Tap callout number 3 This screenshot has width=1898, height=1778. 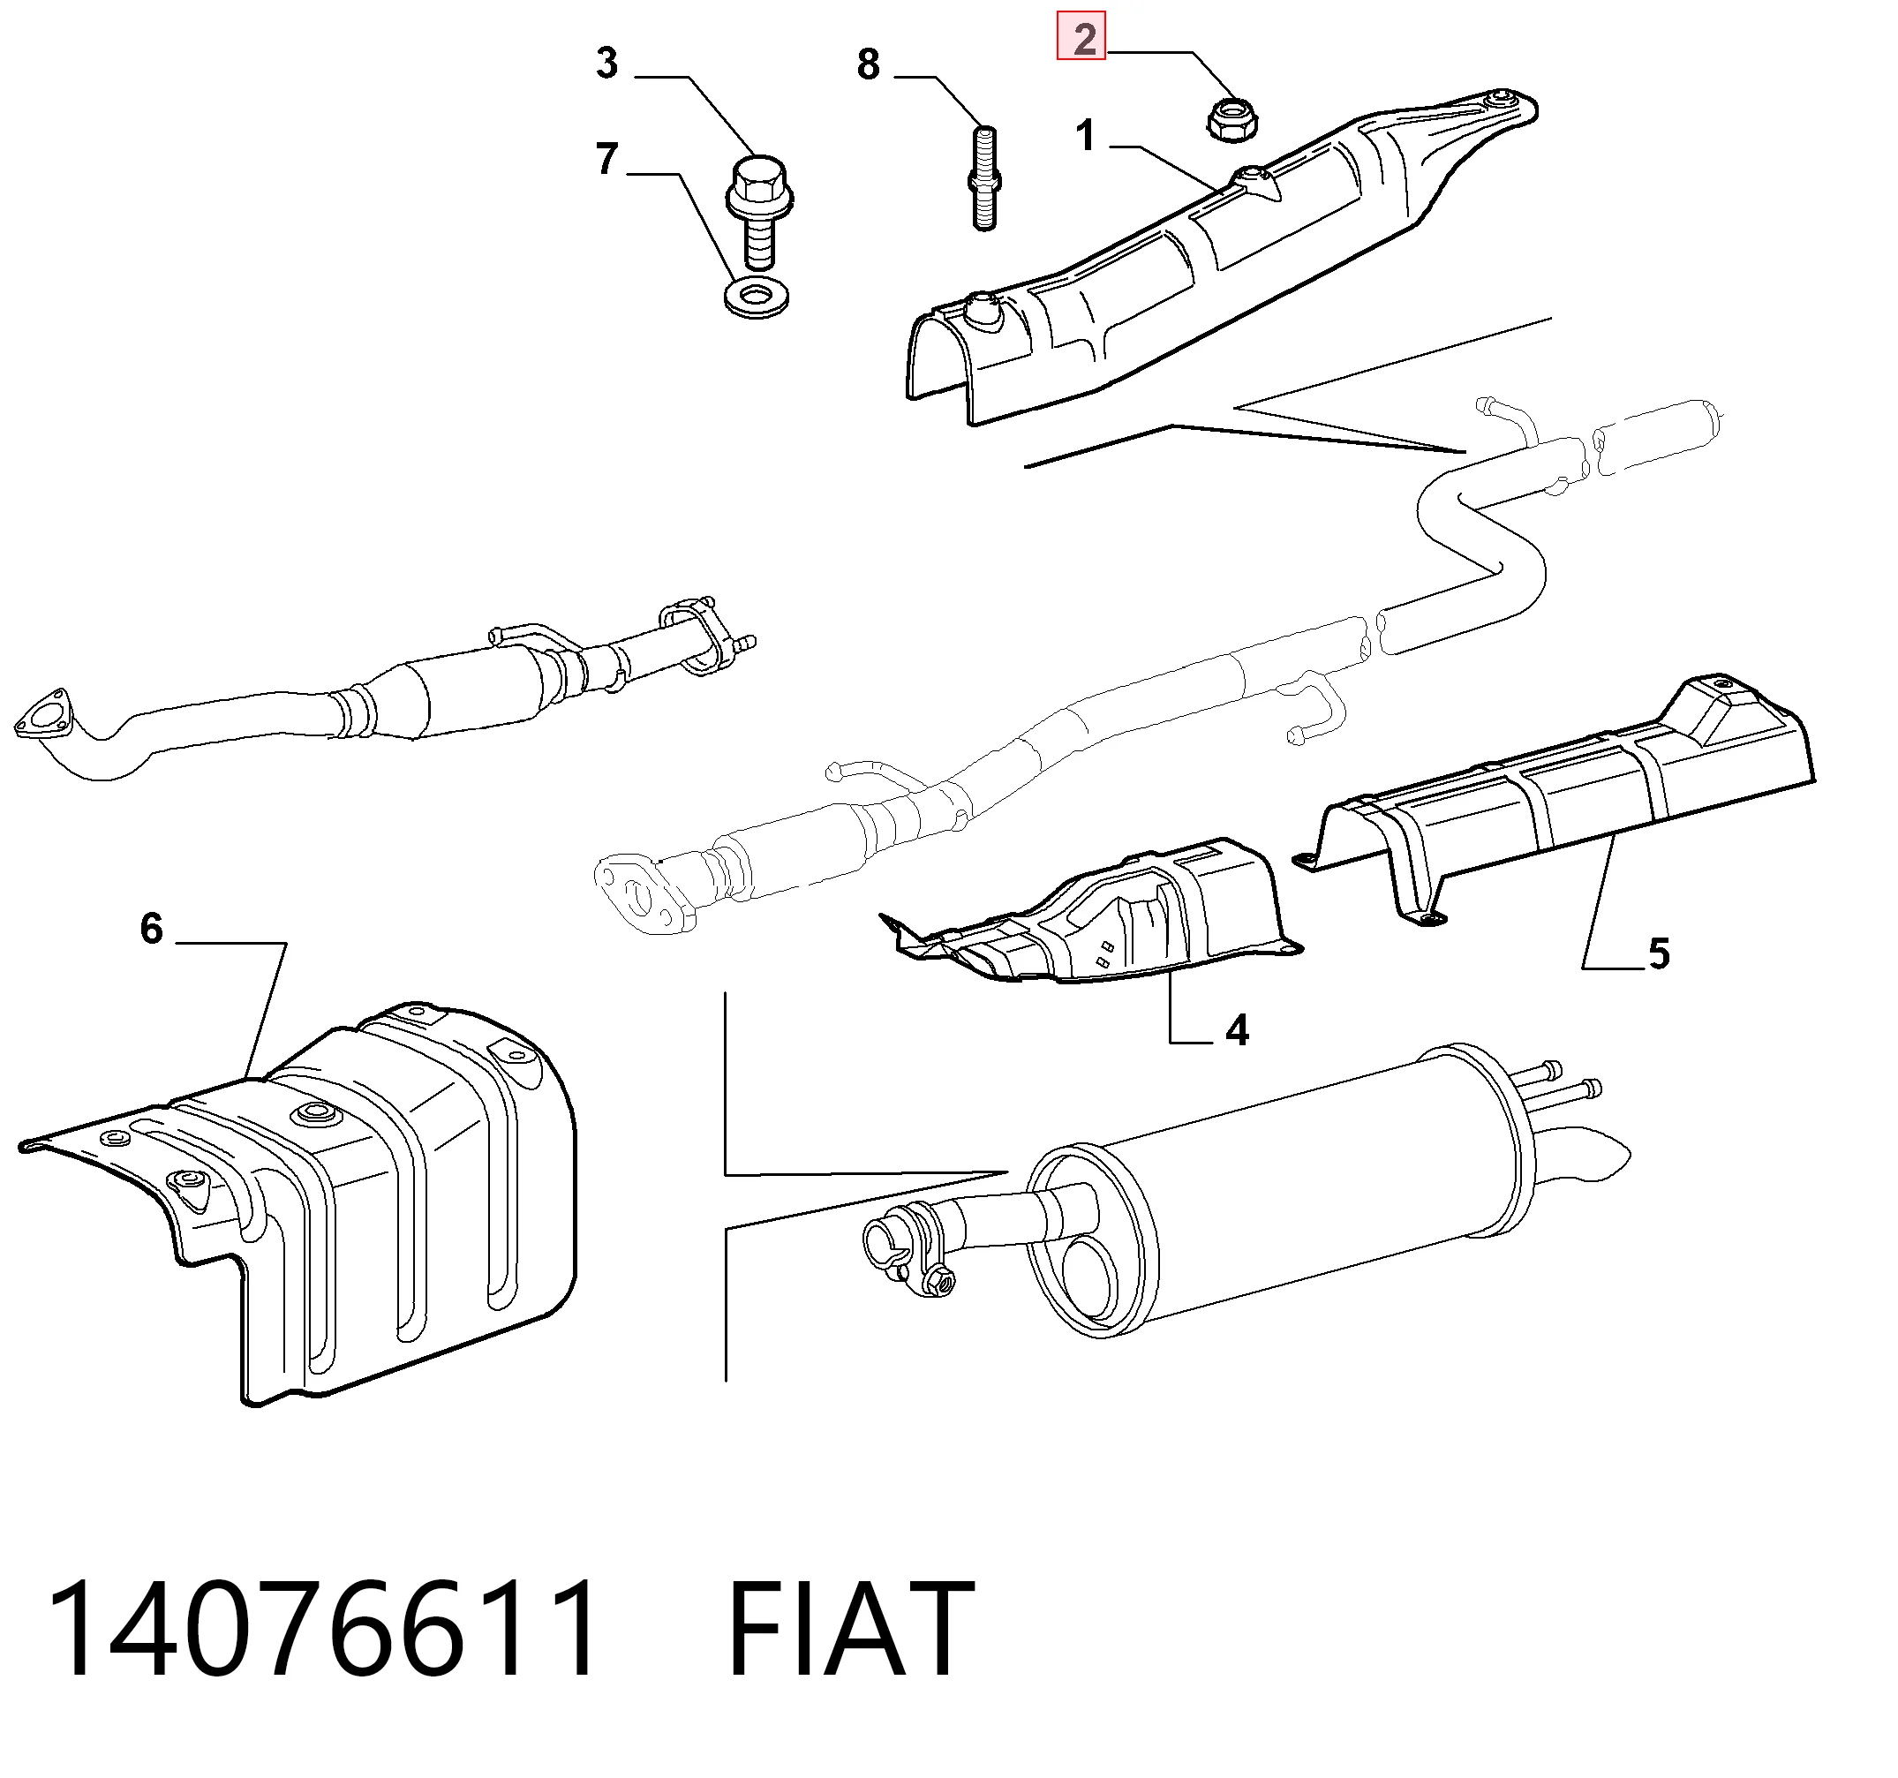[607, 63]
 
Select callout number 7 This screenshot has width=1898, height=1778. [607, 159]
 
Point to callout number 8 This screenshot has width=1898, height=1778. [868, 65]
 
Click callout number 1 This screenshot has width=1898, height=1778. [1085, 136]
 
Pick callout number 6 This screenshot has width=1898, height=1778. [152, 928]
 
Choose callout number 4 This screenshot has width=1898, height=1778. [1238, 1030]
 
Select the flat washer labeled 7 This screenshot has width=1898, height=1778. [757, 298]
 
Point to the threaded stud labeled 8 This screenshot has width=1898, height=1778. [985, 178]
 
